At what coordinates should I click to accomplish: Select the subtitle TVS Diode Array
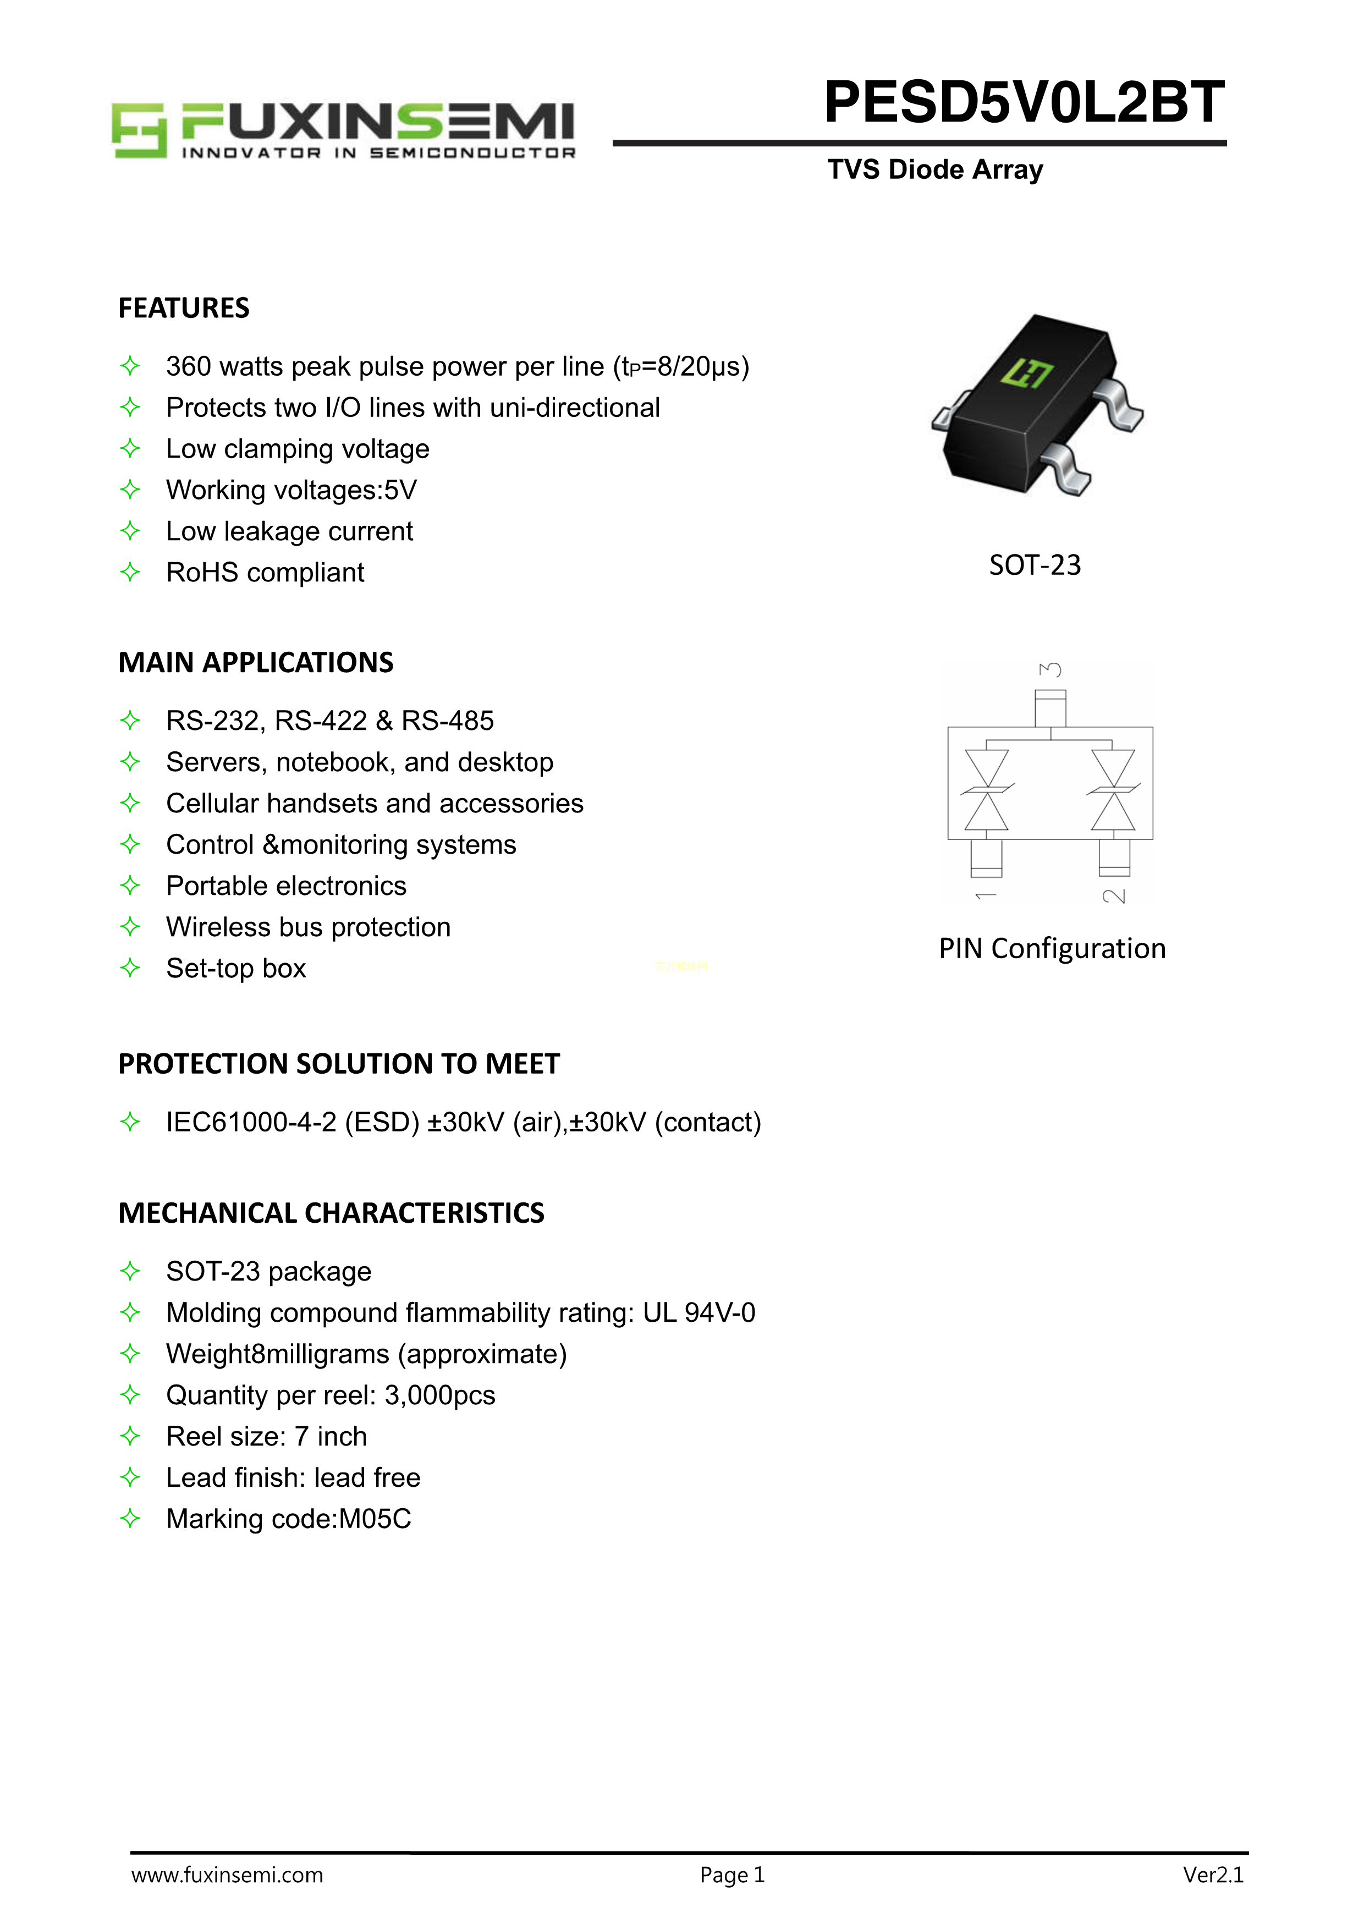click(935, 170)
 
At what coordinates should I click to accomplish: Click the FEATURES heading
click(184, 309)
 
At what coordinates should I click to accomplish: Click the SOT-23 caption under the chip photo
click(1034, 564)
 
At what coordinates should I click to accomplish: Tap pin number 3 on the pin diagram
click(1050, 669)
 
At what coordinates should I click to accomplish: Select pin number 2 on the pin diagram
click(1114, 895)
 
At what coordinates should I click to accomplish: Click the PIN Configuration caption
click(1052, 948)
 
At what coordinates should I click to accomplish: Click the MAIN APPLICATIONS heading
click(255, 663)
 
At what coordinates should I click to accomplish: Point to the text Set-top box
click(236, 969)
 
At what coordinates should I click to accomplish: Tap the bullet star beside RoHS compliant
click(130, 572)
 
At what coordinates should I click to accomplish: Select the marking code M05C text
click(375, 1519)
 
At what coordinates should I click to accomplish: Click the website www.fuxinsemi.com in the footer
click(227, 1875)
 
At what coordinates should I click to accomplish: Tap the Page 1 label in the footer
click(732, 1875)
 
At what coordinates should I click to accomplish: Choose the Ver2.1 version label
click(1213, 1875)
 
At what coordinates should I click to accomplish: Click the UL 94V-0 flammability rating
click(699, 1313)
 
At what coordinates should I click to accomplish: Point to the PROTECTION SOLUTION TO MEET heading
click(338, 1064)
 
